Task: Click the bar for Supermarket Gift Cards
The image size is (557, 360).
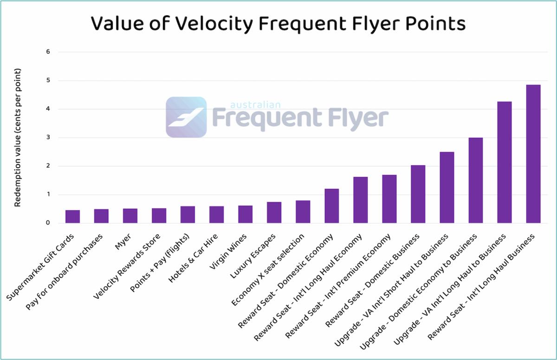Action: tap(72, 217)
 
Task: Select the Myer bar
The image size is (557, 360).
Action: tap(130, 216)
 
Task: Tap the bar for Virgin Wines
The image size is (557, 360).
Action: tap(245, 214)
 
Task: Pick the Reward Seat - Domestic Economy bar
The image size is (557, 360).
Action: tap(331, 206)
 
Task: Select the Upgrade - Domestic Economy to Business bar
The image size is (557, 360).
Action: tap(475, 180)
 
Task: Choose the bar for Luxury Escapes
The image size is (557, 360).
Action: tap(274, 212)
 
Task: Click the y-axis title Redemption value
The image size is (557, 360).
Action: tap(18, 138)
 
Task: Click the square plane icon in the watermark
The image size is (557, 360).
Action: tap(186, 117)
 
